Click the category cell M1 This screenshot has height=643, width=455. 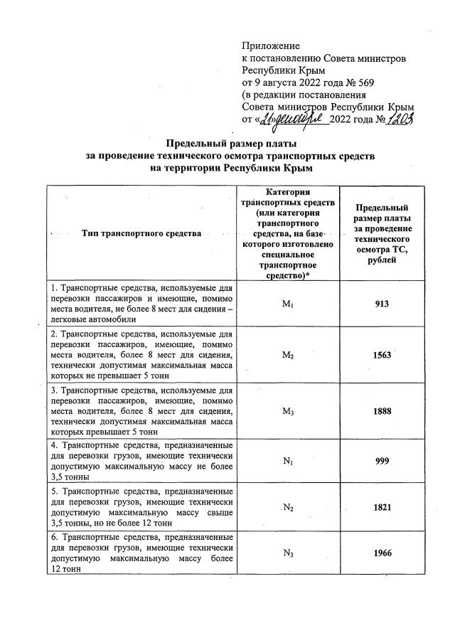(x=288, y=304)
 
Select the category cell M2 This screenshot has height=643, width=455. (x=288, y=355)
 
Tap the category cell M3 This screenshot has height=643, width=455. (x=288, y=410)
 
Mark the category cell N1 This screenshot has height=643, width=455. (x=288, y=461)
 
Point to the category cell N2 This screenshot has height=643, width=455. (x=288, y=508)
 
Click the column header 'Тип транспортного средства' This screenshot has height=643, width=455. (x=141, y=233)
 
